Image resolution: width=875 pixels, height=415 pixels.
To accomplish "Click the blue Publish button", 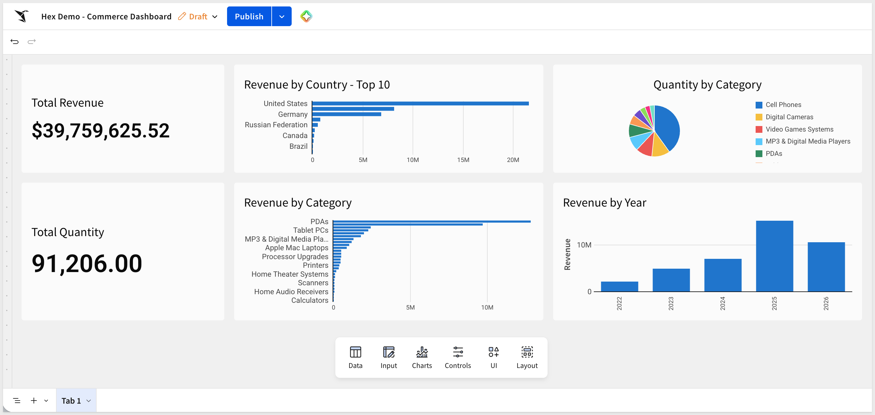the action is (x=249, y=16).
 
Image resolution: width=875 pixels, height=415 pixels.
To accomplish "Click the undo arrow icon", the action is (x=14, y=41).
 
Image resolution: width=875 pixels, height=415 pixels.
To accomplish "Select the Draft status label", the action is (x=198, y=16).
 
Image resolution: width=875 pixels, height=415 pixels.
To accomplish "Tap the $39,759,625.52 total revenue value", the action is (x=101, y=131).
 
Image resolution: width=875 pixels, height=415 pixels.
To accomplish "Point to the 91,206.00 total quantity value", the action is (x=87, y=263).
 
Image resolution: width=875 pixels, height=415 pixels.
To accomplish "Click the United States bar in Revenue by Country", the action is (x=421, y=104).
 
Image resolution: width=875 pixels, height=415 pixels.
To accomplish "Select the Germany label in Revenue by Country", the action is (x=293, y=114).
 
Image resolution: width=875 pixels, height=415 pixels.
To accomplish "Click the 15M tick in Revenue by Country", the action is (x=463, y=160).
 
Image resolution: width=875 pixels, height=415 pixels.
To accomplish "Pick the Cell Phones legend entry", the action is (x=783, y=105).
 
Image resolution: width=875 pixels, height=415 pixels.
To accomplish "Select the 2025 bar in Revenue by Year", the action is (x=774, y=256).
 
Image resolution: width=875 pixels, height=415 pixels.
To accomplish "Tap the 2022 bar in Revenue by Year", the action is (x=619, y=287).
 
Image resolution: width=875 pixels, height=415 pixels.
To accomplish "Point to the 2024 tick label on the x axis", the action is (x=722, y=303).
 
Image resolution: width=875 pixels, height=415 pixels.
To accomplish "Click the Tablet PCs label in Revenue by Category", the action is (x=310, y=230).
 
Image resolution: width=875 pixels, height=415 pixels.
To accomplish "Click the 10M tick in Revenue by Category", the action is (x=487, y=307).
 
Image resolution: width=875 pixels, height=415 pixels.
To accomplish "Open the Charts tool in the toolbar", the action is (x=422, y=357).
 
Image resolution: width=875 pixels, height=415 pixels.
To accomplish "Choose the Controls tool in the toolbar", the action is (x=457, y=357).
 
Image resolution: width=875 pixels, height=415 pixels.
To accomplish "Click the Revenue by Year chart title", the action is (x=605, y=203).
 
